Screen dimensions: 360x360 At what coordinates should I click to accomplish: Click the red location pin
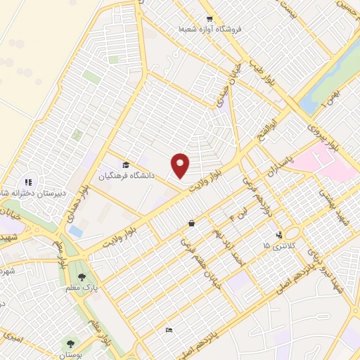[x=181, y=165]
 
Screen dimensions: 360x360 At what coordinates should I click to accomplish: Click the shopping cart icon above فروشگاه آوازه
[x=209, y=19]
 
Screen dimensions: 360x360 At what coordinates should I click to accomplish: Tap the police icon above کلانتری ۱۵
[x=280, y=235]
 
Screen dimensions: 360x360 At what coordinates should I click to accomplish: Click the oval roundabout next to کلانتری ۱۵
[x=292, y=233]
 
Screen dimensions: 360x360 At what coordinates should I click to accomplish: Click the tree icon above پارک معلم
[x=82, y=277]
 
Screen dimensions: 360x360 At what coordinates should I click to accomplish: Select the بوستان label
[x=70, y=355]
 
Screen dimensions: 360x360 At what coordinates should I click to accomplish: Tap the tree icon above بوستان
[x=70, y=344]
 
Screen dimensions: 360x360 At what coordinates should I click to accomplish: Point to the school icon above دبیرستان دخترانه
[x=29, y=182]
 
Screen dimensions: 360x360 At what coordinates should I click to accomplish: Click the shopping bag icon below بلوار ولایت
[x=191, y=224]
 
